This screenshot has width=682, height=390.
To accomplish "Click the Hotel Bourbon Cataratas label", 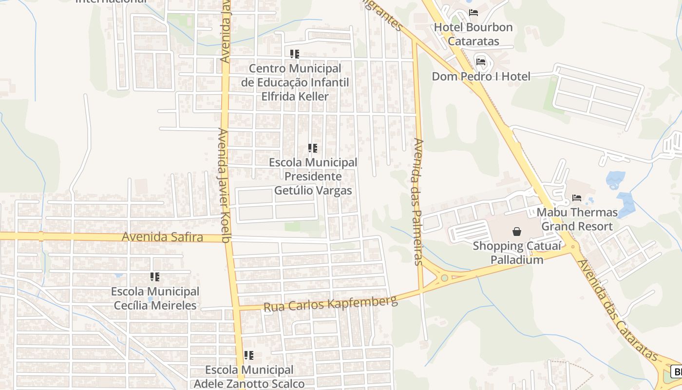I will pyautogui.click(x=473, y=34).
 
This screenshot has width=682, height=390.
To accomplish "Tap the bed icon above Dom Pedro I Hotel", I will pyautogui.click(x=481, y=62).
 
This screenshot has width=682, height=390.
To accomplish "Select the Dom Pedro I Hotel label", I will pyautogui.click(x=481, y=77).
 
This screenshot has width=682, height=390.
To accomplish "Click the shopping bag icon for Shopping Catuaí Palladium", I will pyautogui.click(x=516, y=232).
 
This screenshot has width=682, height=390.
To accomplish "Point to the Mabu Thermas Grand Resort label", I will pyautogui.click(x=577, y=219).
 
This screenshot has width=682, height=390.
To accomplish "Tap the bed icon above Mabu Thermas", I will pyautogui.click(x=577, y=198).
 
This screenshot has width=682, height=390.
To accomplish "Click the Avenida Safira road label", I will pyautogui.click(x=162, y=237).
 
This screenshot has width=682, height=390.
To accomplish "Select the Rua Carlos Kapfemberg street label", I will pyautogui.click(x=330, y=304).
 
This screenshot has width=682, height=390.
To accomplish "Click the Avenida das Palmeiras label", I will pyautogui.click(x=418, y=201).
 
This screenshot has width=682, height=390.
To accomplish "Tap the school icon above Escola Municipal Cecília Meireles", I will pyautogui.click(x=155, y=277).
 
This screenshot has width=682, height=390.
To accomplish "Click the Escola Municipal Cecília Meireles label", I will pyautogui.click(x=155, y=298).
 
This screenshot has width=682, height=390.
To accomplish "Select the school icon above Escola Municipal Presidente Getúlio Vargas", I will pyautogui.click(x=313, y=148).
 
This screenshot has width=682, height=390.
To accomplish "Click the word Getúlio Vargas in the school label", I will pyautogui.click(x=313, y=190).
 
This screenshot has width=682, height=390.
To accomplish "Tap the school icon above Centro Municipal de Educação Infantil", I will pyautogui.click(x=295, y=54).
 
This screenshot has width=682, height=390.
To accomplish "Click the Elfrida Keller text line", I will pyautogui.click(x=295, y=97).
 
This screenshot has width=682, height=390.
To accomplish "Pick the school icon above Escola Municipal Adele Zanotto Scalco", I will pyautogui.click(x=249, y=355).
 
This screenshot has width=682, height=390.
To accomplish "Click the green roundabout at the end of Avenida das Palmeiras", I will pyautogui.click(x=444, y=278).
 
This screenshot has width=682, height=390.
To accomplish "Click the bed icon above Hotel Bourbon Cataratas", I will pyautogui.click(x=473, y=13).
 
